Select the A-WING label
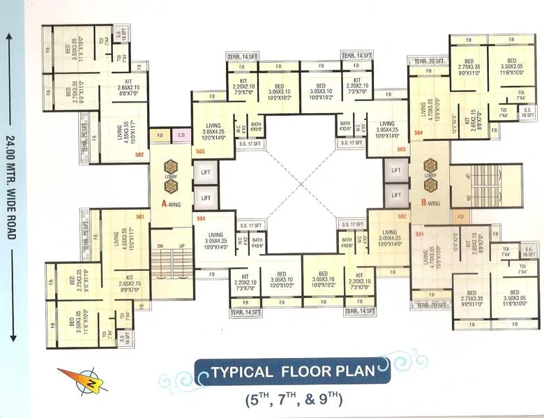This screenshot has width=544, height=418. pos(172,204)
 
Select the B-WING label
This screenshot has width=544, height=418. pos(430,203)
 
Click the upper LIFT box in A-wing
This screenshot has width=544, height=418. pos(206,171)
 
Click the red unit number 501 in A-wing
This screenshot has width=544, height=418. pos(139,217)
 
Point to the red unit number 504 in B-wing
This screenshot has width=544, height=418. pos(418,132)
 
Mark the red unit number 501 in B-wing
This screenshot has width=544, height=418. pos(419,234)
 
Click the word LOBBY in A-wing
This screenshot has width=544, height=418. pos(172,177)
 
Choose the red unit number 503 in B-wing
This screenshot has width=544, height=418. pos(402,149)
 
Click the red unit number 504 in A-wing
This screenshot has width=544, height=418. pos(201,218)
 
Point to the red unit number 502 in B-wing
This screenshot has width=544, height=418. pos(402,216)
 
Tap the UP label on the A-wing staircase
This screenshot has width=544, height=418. pos(183,246)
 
